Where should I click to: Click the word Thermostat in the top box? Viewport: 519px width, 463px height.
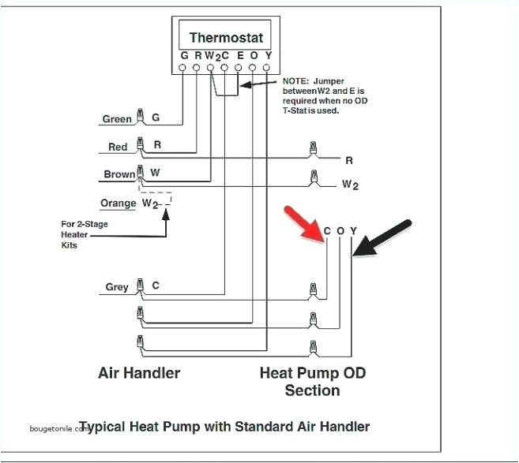(225, 37)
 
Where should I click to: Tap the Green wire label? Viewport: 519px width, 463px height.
(117, 120)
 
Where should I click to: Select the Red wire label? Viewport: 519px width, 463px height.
(118, 147)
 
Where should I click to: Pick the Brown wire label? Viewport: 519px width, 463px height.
(119, 174)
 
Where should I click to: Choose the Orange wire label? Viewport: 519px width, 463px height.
(118, 203)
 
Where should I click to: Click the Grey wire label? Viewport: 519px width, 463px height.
(117, 288)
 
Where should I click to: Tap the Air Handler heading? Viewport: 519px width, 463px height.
(138, 372)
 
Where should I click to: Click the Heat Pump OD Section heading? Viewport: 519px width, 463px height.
(313, 380)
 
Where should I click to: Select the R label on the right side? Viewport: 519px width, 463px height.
(348, 160)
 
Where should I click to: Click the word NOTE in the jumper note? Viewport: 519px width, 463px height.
(297, 81)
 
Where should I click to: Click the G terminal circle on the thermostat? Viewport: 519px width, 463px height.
(184, 69)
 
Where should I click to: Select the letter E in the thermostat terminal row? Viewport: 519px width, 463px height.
(240, 56)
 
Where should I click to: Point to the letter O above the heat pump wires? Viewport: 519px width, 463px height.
(340, 231)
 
